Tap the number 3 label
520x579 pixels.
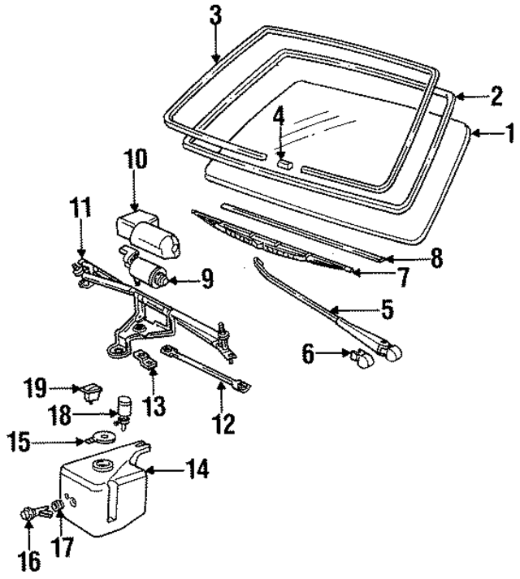click(214, 15)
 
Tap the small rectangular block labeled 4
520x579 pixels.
click(284, 162)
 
